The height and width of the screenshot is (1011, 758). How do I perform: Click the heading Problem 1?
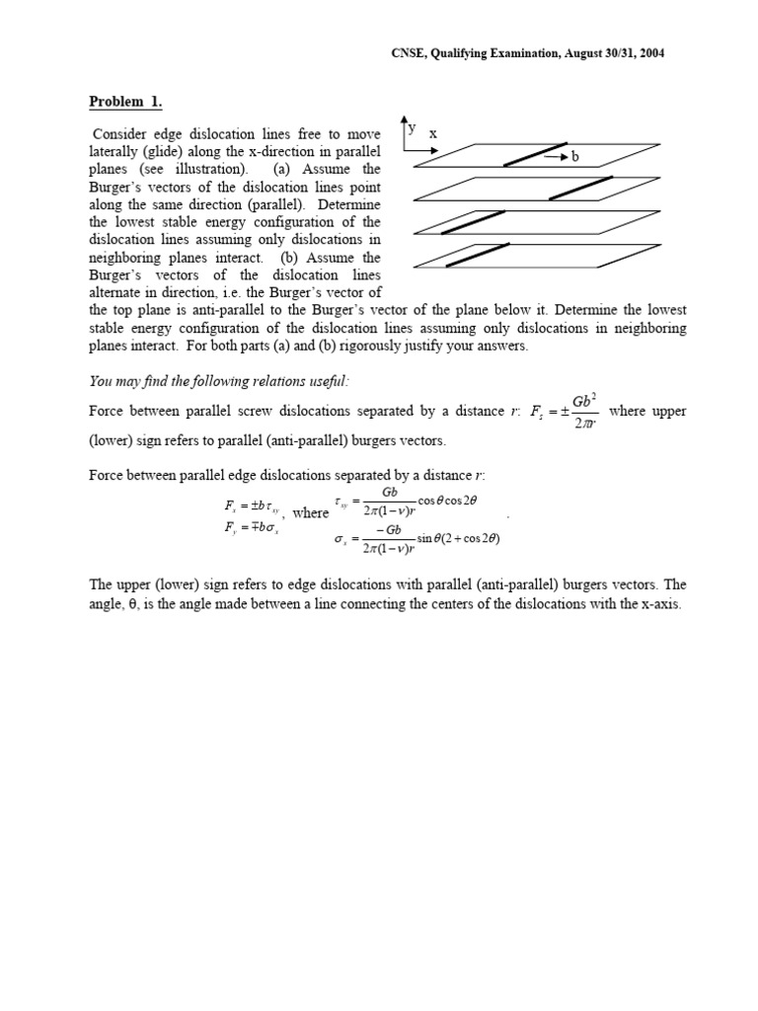[x=126, y=102]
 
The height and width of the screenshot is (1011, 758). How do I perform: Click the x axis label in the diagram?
[x=433, y=133]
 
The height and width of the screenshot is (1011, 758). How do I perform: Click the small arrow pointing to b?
[x=557, y=157]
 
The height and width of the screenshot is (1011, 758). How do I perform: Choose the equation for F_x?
[x=252, y=505]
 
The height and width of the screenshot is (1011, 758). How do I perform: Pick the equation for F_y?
[x=252, y=527]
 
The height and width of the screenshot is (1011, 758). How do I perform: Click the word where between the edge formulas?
[x=311, y=513]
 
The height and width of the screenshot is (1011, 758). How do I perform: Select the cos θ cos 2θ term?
[x=447, y=501]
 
